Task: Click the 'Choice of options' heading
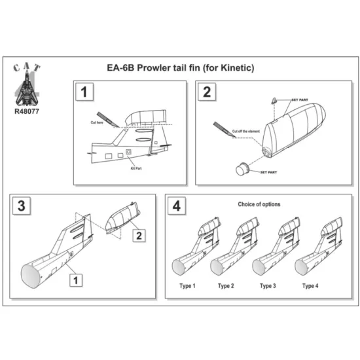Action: [260, 204]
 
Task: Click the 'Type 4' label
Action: [310, 286]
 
